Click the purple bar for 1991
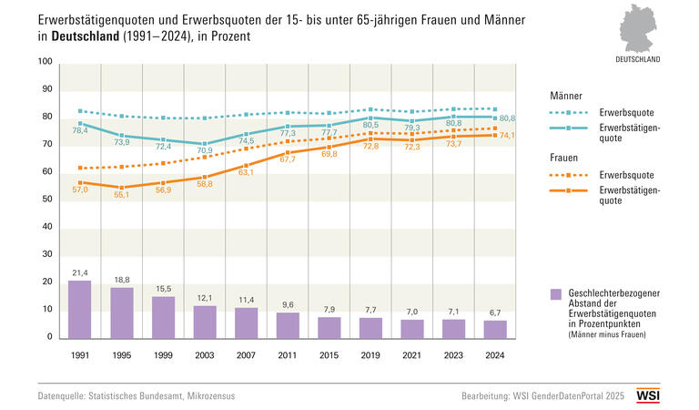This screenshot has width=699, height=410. click(80, 310)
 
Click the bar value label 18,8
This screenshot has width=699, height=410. click(122, 281)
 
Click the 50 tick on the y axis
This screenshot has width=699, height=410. click(46, 200)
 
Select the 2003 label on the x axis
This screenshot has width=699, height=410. click(205, 354)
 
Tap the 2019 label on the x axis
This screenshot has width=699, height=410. click(370, 354)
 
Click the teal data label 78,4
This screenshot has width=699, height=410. click(80, 131)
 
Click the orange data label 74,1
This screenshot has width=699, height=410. click(507, 135)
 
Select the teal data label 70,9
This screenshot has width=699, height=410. click(205, 150)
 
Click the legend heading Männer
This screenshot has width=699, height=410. click(566, 95)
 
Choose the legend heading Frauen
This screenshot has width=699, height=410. click(565, 157)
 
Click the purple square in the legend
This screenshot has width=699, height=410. click(556, 292)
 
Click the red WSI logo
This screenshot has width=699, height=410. click(648, 395)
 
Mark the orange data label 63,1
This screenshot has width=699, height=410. click(247, 172)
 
